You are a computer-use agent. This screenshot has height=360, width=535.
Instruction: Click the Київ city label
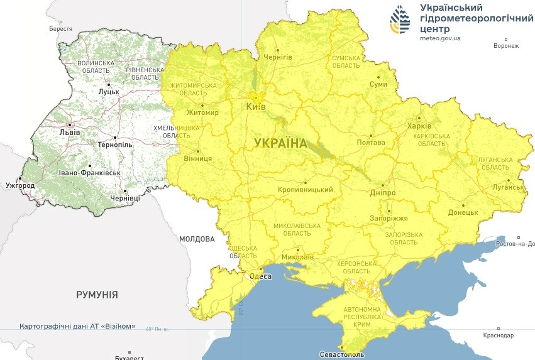point(256,106)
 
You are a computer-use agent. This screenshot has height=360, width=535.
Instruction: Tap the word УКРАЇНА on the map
point(280,143)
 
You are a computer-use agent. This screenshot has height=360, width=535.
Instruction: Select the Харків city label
point(420,125)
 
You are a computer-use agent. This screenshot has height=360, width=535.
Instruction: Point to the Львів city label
point(69,133)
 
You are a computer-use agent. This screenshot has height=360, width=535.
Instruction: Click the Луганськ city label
point(508,187)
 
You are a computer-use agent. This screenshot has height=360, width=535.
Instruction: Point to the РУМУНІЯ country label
point(97,294)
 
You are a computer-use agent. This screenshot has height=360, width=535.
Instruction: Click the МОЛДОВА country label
point(197,239)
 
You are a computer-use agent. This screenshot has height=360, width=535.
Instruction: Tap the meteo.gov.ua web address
point(440,38)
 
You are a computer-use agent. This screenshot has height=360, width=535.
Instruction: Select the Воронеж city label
point(506,46)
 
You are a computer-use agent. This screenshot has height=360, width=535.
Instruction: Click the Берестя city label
point(61,29)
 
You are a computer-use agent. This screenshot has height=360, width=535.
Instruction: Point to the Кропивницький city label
point(305,190)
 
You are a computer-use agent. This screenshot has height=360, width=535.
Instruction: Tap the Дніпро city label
point(382,192)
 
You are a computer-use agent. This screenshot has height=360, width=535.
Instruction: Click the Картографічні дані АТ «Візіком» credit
point(78,326)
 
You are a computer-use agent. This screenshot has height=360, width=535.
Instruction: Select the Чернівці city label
point(126,199)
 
